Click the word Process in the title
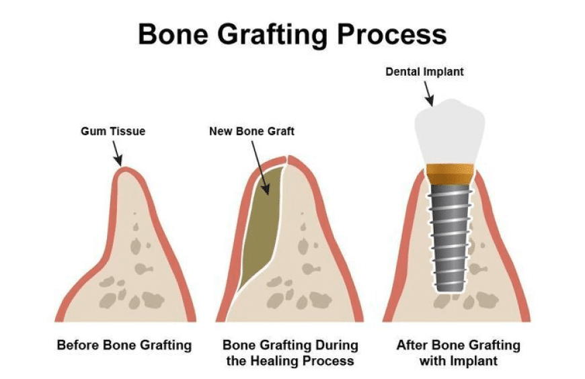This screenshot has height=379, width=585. pyautogui.click(x=392, y=34)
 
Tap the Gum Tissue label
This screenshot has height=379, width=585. pyautogui.click(x=113, y=131)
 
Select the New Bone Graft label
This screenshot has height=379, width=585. pyautogui.click(x=252, y=131)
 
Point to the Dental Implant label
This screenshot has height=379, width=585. pyautogui.click(x=424, y=72)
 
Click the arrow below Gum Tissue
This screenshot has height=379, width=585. pyautogui.click(x=117, y=153)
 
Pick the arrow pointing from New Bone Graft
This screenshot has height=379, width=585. pyautogui.click(x=260, y=168)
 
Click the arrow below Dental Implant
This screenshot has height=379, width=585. pyautogui.click(x=429, y=94)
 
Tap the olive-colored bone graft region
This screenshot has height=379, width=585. pyautogui.click(x=261, y=224)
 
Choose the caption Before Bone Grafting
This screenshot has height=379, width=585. pyautogui.click(x=124, y=345)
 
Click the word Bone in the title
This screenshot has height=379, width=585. pyautogui.click(x=173, y=34)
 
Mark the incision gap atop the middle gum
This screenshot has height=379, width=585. pyautogui.click(x=286, y=160)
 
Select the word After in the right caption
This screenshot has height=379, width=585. pyautogui.click(x=411, y=345)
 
